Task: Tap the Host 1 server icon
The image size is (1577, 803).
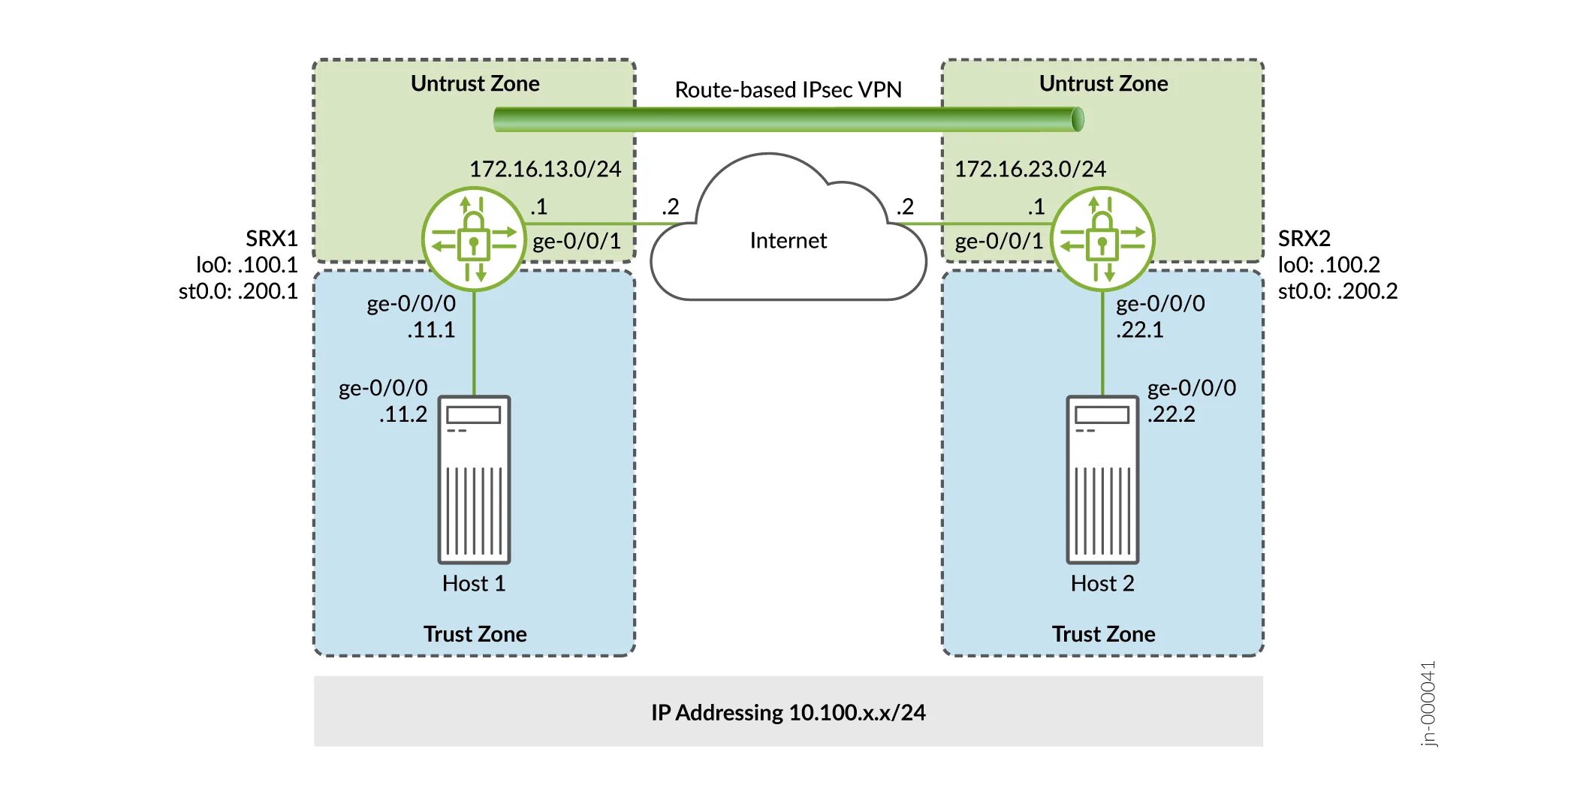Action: (474, 480)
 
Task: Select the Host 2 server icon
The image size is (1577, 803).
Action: (1102, 480)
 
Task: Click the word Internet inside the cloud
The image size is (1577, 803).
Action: (788, 240)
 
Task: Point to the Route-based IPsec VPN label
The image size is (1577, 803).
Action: (788, 90)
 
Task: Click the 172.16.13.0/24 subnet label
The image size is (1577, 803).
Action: (545, 169)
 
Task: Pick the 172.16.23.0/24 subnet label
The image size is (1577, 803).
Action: (1030, 169)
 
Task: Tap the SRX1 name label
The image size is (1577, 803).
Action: (271, 239)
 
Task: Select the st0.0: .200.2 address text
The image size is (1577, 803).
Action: (1337, 291)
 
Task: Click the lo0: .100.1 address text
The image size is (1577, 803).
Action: (246, 265)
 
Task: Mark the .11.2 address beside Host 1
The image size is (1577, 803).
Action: (403, 414)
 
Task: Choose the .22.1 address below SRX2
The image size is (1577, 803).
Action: (1139, 330)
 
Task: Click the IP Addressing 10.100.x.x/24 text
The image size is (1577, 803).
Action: (788, 712)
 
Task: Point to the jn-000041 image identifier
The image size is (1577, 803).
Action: (1428, 703)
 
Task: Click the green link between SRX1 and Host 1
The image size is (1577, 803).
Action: (474, 345)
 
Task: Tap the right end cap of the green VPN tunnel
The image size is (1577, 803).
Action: (1078, 119)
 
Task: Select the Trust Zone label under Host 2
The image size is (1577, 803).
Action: (1103, 634)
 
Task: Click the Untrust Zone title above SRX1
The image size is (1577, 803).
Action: (475, 83)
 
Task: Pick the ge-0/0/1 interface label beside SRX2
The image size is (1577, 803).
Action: (999, 241)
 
